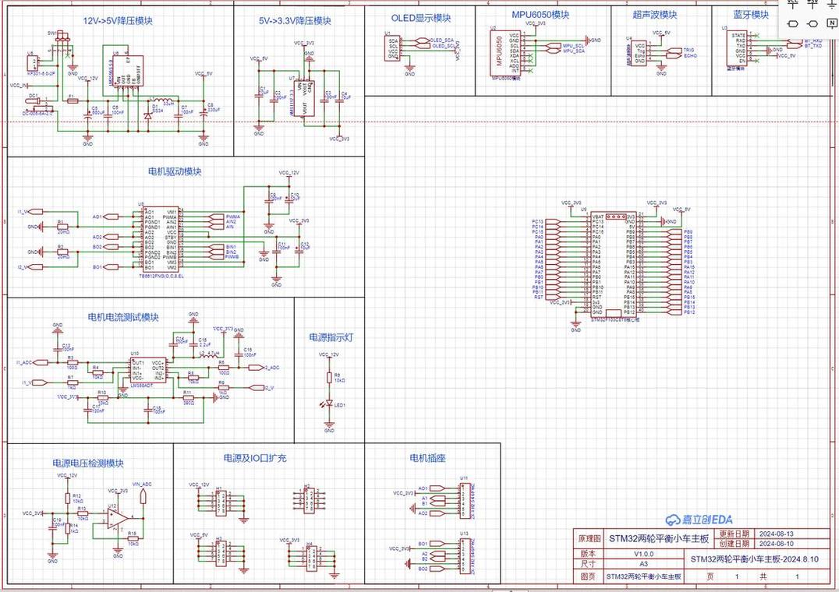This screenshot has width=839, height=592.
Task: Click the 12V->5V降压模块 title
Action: [x=118, y=21]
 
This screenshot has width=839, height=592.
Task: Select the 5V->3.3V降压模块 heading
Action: [x=295, y=21]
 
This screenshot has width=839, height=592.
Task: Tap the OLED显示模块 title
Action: [x=421, y=17]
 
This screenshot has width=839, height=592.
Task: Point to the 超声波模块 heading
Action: [x=655, y=15]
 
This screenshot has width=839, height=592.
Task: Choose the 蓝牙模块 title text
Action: [x=751, y=15]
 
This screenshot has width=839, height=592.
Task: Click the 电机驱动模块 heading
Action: [x=175, y=171]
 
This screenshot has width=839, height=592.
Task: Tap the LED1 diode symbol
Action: [x=329, y=404]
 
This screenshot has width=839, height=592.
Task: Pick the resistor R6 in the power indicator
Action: [x=329, y=378]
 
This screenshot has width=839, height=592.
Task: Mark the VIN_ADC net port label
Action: [x=142, y=484]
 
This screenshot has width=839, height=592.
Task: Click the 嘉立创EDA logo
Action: [x=698, y=520]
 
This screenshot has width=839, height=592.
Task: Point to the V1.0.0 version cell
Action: [x=643, y=554]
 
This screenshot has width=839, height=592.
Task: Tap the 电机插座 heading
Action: [x=427, y=458]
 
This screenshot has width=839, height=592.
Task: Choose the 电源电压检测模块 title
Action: [x=88, y=463]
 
